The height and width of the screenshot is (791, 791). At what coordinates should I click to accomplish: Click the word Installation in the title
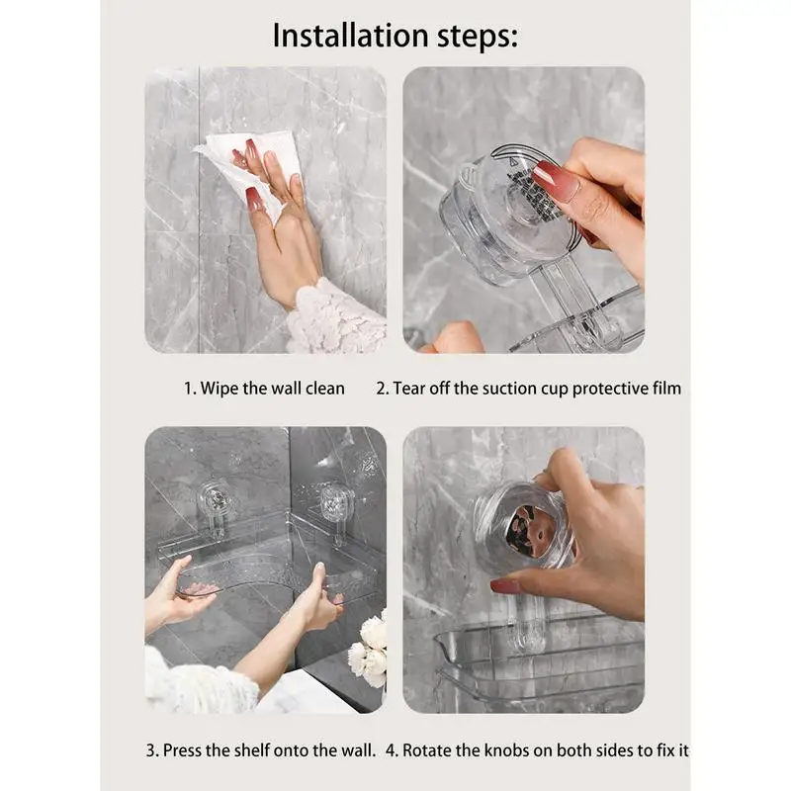[351, 35]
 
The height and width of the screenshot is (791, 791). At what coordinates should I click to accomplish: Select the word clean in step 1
[325, 389]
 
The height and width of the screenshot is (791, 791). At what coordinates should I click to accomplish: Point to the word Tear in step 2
[408, 389]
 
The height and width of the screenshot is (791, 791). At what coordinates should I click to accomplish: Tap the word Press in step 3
[182, 750]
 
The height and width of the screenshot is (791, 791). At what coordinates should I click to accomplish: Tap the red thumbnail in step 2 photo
[555, 181]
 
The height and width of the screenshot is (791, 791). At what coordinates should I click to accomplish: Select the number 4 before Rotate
[391, 750]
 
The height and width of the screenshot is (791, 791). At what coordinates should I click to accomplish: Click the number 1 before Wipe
[188, 389]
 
